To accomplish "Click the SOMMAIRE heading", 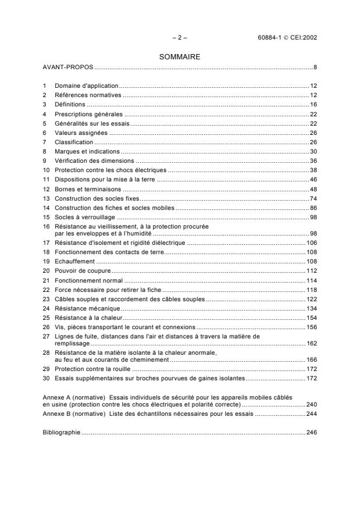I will [180, 57].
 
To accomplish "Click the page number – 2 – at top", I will [180, 38].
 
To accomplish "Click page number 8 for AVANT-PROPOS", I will [315, 67].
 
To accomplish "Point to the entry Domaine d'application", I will [86, 85].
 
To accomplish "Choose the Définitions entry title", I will [70, 104].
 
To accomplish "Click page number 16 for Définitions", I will [313, 104].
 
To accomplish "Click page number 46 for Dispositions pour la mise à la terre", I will [313, 179].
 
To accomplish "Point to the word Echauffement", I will [74, 262].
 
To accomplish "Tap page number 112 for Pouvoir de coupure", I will [311, 272].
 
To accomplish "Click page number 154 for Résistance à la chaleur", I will [311, 318].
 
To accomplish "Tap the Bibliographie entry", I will [62, 433].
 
